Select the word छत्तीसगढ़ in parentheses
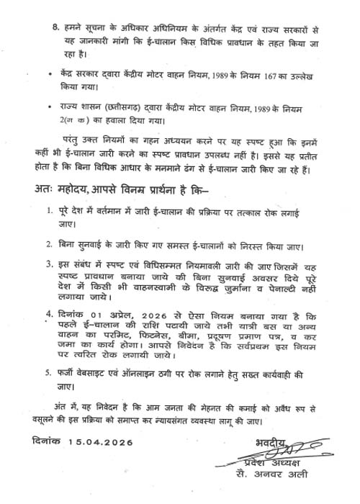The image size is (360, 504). pyautogui.click(x=107, y=109)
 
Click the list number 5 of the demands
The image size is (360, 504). pyautogui.click(x=49, y=374)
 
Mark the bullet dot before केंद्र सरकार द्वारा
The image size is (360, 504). pyautogui.click(x=48, y=74)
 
